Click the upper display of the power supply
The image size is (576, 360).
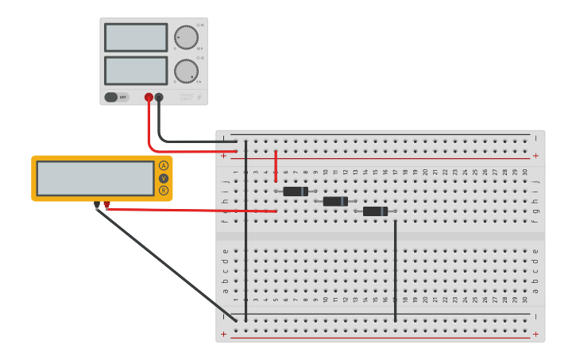[x=136, y=37]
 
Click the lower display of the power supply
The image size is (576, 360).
[x=136, y=70]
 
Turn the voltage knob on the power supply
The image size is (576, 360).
[x=187, y=37]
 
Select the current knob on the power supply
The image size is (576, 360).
[x=187, y=71]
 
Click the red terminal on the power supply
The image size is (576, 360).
[x=149, y=98]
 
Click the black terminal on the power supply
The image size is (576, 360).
[x=159, y=98]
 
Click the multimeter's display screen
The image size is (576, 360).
[x=95, y=178]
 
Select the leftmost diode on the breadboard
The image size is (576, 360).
[x=296, y=192]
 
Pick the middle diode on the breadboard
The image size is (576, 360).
[x=335, y=202]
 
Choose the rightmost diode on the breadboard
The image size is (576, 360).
[x=375, y=211]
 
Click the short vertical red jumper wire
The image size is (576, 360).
[x=276, y=165]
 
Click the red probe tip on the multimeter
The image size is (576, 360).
[x=106, y=205]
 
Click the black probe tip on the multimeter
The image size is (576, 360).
[x=97, y=205]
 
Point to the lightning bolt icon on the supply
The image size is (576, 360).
[x=199, y=98]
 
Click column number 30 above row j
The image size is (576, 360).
[x=525, y=172]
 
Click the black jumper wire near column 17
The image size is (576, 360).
[x=396, y=270]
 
